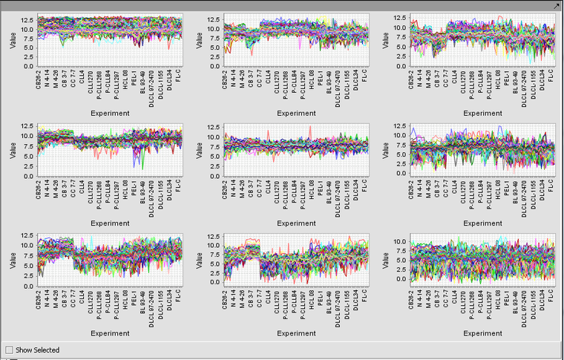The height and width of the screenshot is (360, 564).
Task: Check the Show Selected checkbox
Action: click(9, 350)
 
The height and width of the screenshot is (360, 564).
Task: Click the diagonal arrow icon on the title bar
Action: click(557, 5)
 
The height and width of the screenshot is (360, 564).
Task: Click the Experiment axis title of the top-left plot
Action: click(111, 114)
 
